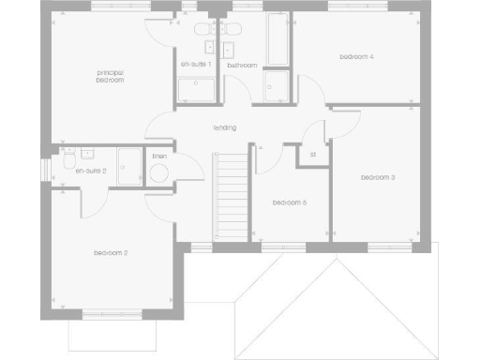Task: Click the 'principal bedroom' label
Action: pos(111,76)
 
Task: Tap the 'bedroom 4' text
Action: pos(356,57)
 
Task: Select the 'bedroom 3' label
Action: pos(378,177)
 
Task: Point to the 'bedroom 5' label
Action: pos(290,202)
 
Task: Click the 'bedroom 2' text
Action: pos(111,253)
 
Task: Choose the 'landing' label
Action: pos(225,127)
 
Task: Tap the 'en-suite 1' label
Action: pos(196,64)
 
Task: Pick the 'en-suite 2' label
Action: pos(91,172)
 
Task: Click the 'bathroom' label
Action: pos(242,66)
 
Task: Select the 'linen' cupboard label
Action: pos(159,155)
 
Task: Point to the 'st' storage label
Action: pos(312,155)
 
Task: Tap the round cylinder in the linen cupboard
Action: pos(159,172)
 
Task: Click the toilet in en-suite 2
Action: pos(66,162)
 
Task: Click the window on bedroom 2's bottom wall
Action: pos(111,313)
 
